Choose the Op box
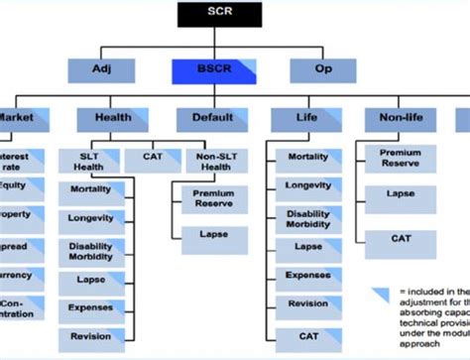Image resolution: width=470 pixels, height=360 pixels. click(x=322, y=70)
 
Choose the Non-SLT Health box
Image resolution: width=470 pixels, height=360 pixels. click(x=209, y=162)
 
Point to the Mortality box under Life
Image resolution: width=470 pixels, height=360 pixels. click(x=307, y=157)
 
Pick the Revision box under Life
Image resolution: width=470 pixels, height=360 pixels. click(x=307, y=303)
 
